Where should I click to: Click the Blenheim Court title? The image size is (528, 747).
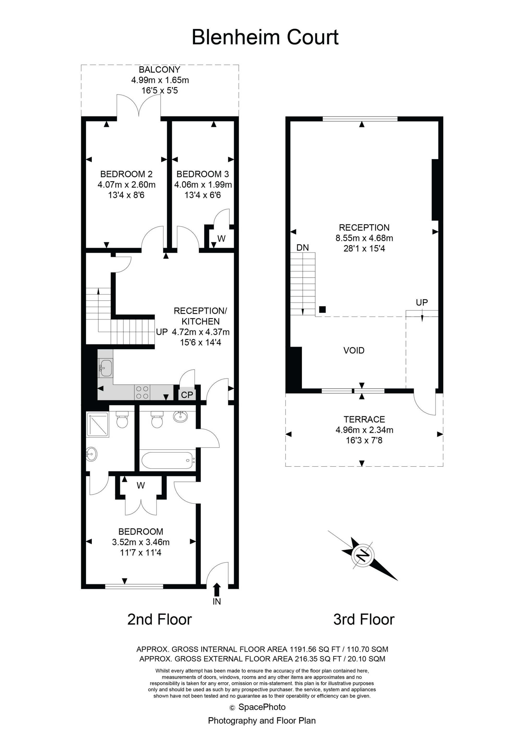tap(265, 37)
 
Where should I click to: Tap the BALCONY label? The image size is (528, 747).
tap(159, 70)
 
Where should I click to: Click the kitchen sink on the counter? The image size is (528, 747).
tap(105, 368)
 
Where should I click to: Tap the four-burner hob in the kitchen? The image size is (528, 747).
tap(142, 392)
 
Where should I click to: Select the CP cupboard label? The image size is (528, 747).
tap(187, 395)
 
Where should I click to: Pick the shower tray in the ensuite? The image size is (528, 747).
tap(97, 423)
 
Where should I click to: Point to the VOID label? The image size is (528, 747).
tap(354, 350)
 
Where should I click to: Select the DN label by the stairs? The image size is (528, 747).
tap(302, 248)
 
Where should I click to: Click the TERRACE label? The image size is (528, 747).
tap(364, 419)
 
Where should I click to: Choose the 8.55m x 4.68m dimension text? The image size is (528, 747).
tap(364, 238)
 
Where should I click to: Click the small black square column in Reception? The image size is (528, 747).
tap(322, 309)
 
